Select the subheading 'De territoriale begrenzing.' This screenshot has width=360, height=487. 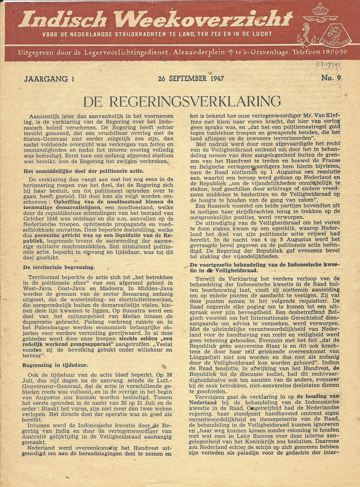tap(59, 267)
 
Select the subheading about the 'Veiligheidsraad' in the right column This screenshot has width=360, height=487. tap(266, 267)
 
